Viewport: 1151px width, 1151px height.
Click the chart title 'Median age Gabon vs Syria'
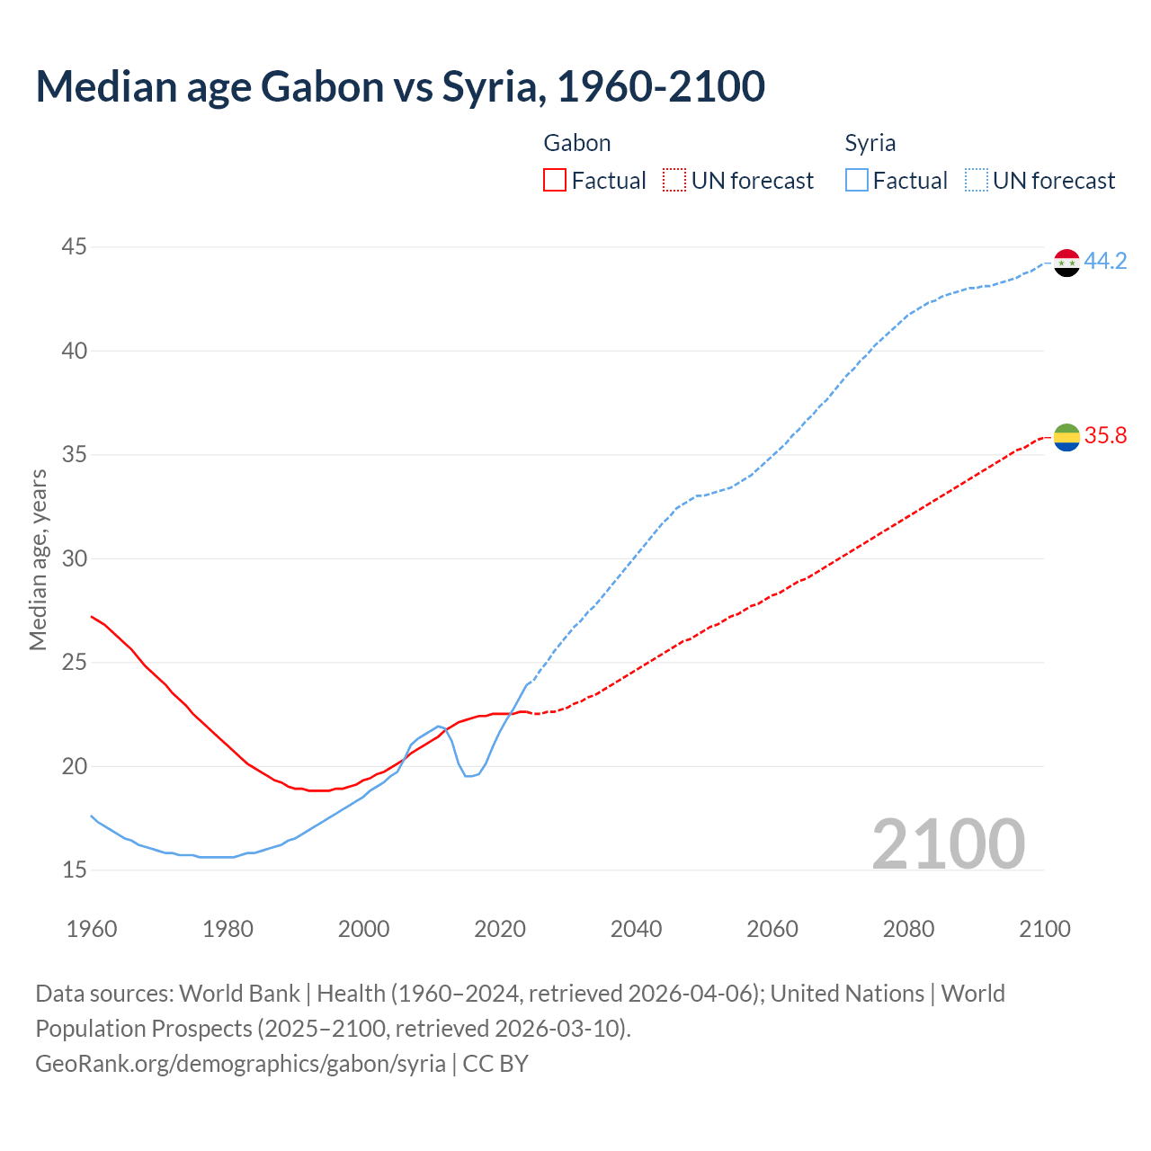(x=400, y=86)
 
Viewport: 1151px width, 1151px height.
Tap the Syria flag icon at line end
(x=1066, y=263)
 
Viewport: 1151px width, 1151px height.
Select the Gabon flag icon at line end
(x=1066, y=437)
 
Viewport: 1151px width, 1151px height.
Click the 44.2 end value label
(x=1105, y=262)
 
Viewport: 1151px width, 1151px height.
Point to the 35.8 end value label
(x=1105, y=436)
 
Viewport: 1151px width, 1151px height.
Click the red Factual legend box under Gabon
(x=555, y=181)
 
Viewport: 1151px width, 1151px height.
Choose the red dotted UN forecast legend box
(x=674, y=181)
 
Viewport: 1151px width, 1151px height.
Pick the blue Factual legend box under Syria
(x=857, y=181)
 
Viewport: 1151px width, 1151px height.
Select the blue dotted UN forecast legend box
(x=976, y=181)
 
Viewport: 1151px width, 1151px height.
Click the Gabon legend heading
(x=577, y=143)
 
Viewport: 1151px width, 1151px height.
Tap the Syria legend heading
(x=870, y=143)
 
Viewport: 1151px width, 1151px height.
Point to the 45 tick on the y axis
(x=75, y=247)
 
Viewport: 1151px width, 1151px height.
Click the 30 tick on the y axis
(x=75, y=559)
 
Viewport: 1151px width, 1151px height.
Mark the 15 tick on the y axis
(x=75, y=870)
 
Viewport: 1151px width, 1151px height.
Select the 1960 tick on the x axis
(x=92, y=929)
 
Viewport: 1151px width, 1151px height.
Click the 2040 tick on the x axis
(x=636, y=929)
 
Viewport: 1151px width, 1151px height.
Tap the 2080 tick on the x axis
(x=908, y=929)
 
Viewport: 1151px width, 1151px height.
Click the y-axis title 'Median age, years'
(x=38, y=559)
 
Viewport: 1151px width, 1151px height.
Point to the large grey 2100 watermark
(x=948, y=843)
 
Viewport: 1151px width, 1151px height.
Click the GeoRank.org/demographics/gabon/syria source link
(x=240, y=1064)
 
